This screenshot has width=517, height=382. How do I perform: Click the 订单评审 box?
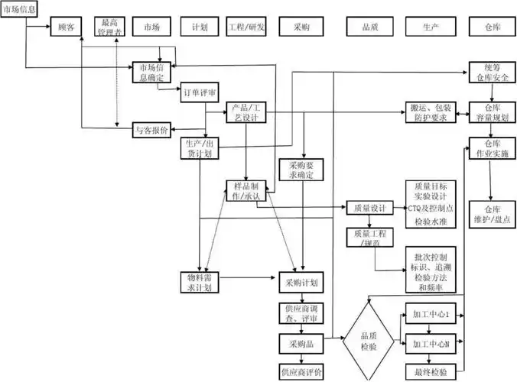click(x=200, y=94)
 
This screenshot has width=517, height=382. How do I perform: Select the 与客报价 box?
click(x=151, y=129)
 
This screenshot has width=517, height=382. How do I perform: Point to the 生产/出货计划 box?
click(x=200, y=147)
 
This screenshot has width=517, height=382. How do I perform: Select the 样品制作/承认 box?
click(x=246, y=192)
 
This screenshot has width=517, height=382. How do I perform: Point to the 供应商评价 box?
click(x=301, y=371)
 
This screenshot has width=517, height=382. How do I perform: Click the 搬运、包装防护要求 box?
click(x=431, y=112)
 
